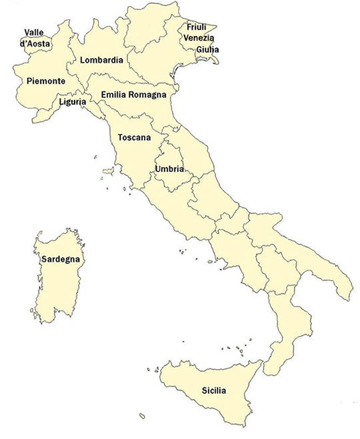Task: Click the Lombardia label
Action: (x=101, y=60)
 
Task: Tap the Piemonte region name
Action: (x=45, y=81)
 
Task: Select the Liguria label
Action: (x=71, y=102)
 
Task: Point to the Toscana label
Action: (x=134, y=138)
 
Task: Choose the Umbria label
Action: (x=169, y=169)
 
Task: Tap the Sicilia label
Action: (x=213, y=390)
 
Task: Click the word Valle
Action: (x=35, y=33)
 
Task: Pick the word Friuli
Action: (x=196, y=27)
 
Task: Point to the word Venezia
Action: (x=199, y=38)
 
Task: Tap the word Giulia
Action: (x=207, y=49)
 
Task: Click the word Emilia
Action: (x=113, y=95)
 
